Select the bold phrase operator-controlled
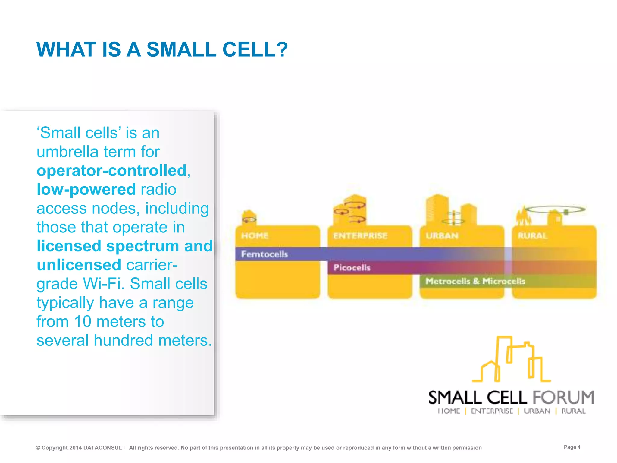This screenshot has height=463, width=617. click(112, 171)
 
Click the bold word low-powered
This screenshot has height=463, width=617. click(86, 190)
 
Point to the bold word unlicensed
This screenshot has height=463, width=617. click(79, 265)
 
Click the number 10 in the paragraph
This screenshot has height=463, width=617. click(83, 321)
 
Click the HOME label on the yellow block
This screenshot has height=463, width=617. click(255, 235)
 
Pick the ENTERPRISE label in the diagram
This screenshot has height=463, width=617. click(360, 235)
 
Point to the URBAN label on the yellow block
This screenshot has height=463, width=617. click(442, 235)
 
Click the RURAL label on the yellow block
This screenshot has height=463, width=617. click(533, 235)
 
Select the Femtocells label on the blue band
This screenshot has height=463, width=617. click(265, 254)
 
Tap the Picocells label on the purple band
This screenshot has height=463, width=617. click(352, 268)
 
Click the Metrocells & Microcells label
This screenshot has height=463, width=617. click(475, 281)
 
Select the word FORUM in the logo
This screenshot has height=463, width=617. click(563, 397)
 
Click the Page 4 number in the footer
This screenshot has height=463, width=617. click(572, 447)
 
